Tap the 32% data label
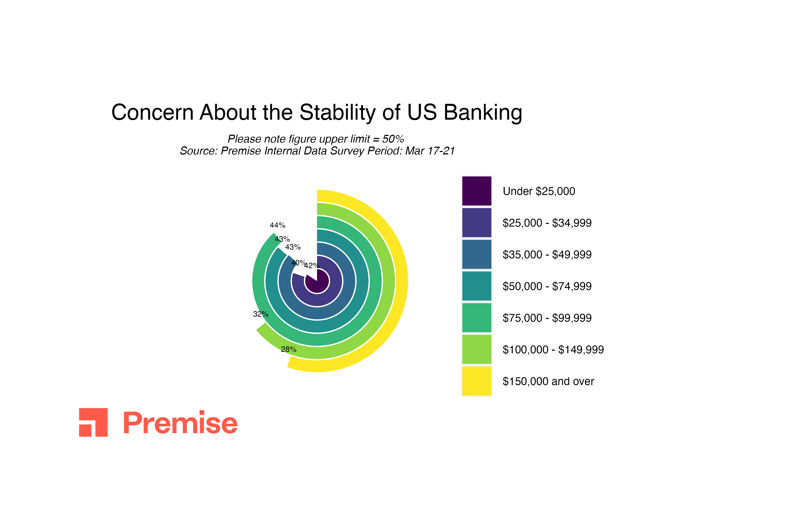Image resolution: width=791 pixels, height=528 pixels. coord(261,314)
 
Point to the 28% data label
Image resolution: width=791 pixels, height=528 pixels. coord(288,350)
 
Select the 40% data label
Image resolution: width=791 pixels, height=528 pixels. coord(299,263)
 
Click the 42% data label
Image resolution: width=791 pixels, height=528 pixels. coord(312,266)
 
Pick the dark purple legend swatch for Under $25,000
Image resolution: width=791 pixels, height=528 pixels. coord(477,191)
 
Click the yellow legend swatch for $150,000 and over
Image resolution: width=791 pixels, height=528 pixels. coord(477,381)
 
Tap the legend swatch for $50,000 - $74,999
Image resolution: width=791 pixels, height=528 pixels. coord(477,286)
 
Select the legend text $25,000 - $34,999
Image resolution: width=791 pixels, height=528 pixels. coord(547,223)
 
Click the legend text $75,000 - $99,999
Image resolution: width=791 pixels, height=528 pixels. coord(547,318)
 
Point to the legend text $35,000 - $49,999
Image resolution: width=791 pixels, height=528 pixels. coord(547,255)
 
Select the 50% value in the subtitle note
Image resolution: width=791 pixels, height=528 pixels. coord(393,139)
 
